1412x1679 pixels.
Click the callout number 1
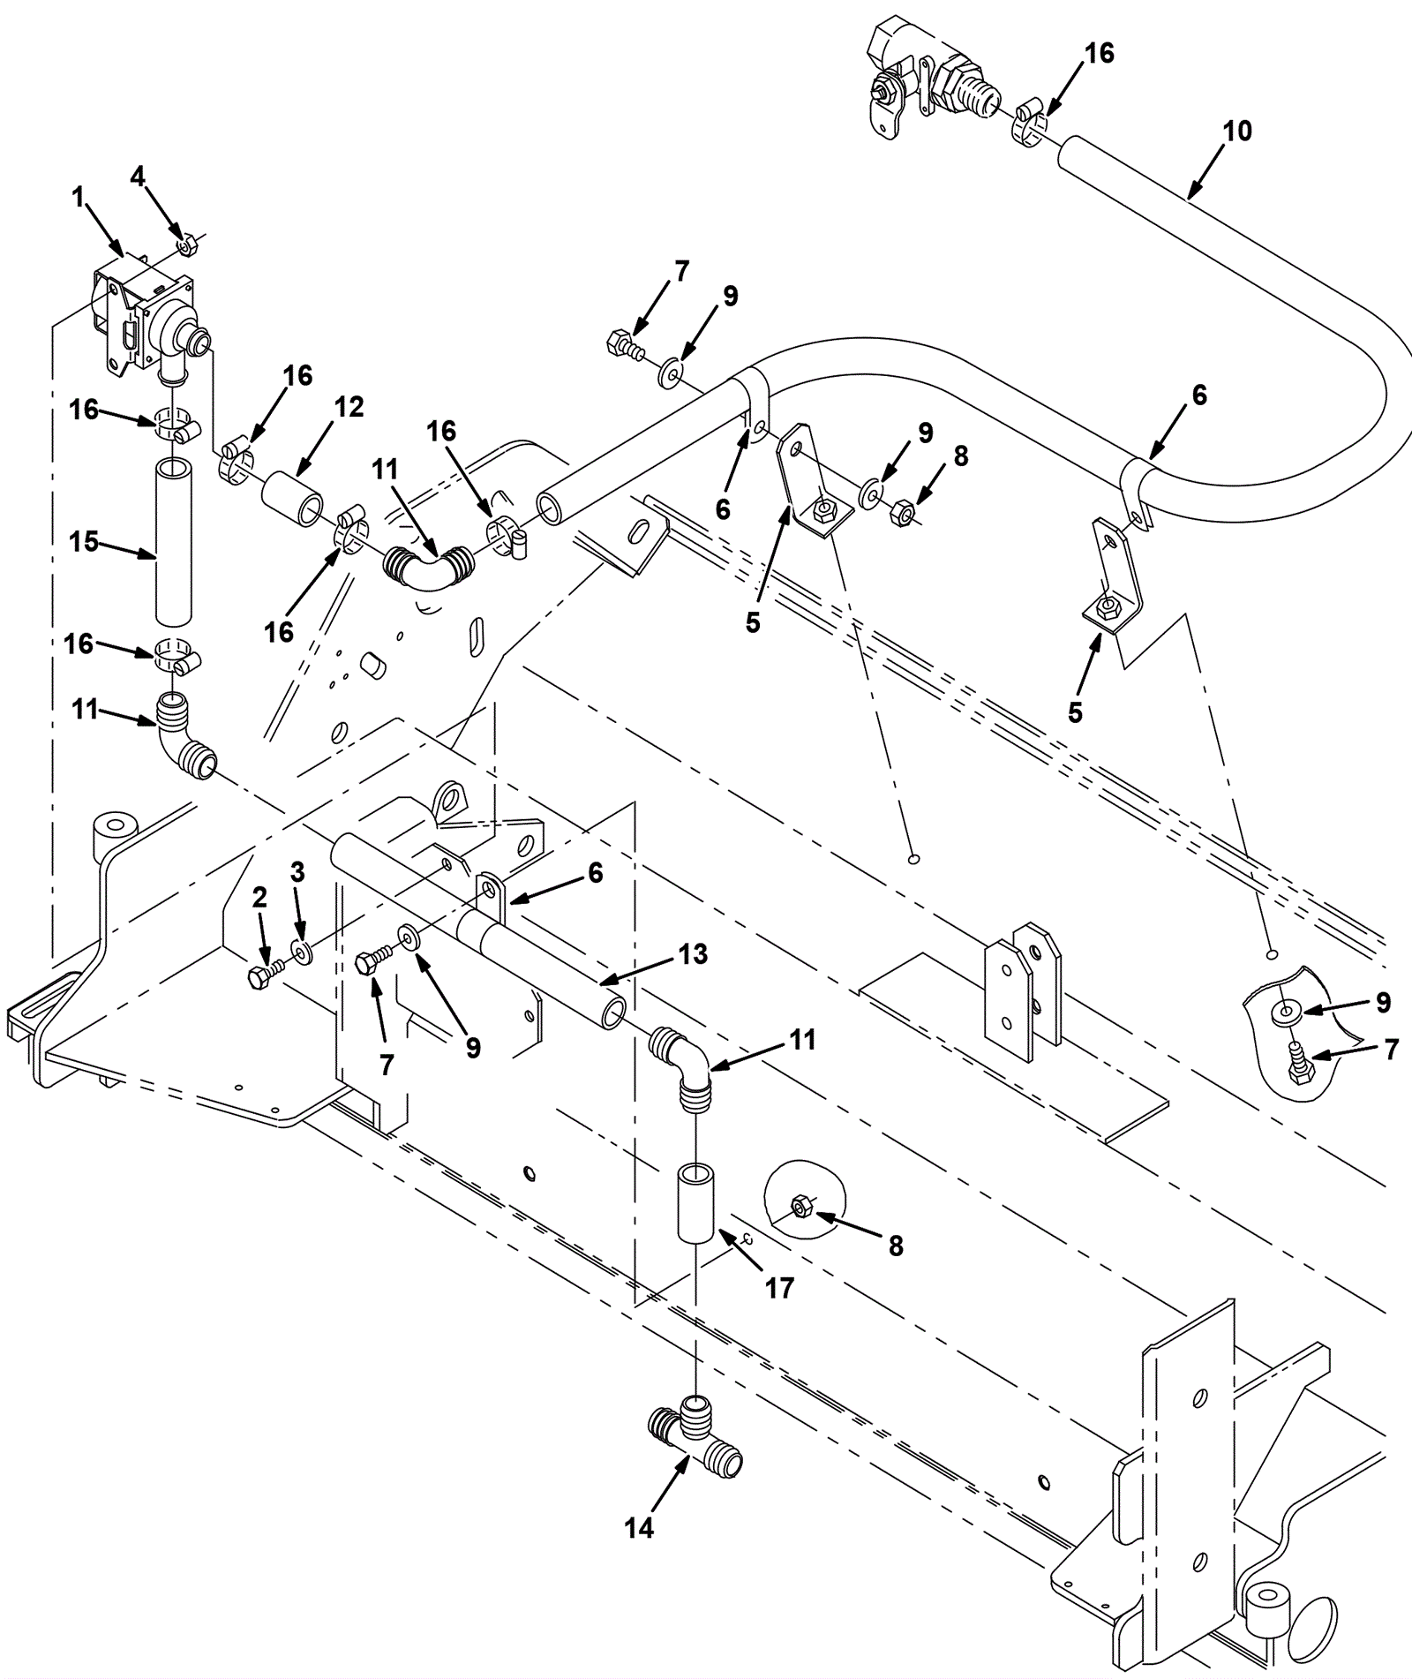point(79,197)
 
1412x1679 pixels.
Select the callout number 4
point(138,177)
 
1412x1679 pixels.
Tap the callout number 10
point(1237,131)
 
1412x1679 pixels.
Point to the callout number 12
point(349,407)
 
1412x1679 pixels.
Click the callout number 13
point(694,953)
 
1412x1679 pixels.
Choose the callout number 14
point(639,1527)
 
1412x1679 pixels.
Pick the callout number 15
point(84,541)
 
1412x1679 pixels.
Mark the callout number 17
point(779,1288)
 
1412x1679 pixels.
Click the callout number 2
point(259,898)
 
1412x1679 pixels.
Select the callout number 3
point(297,872)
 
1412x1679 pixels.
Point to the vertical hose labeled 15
point(173,541)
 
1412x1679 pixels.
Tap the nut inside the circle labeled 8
point(801,1206)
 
